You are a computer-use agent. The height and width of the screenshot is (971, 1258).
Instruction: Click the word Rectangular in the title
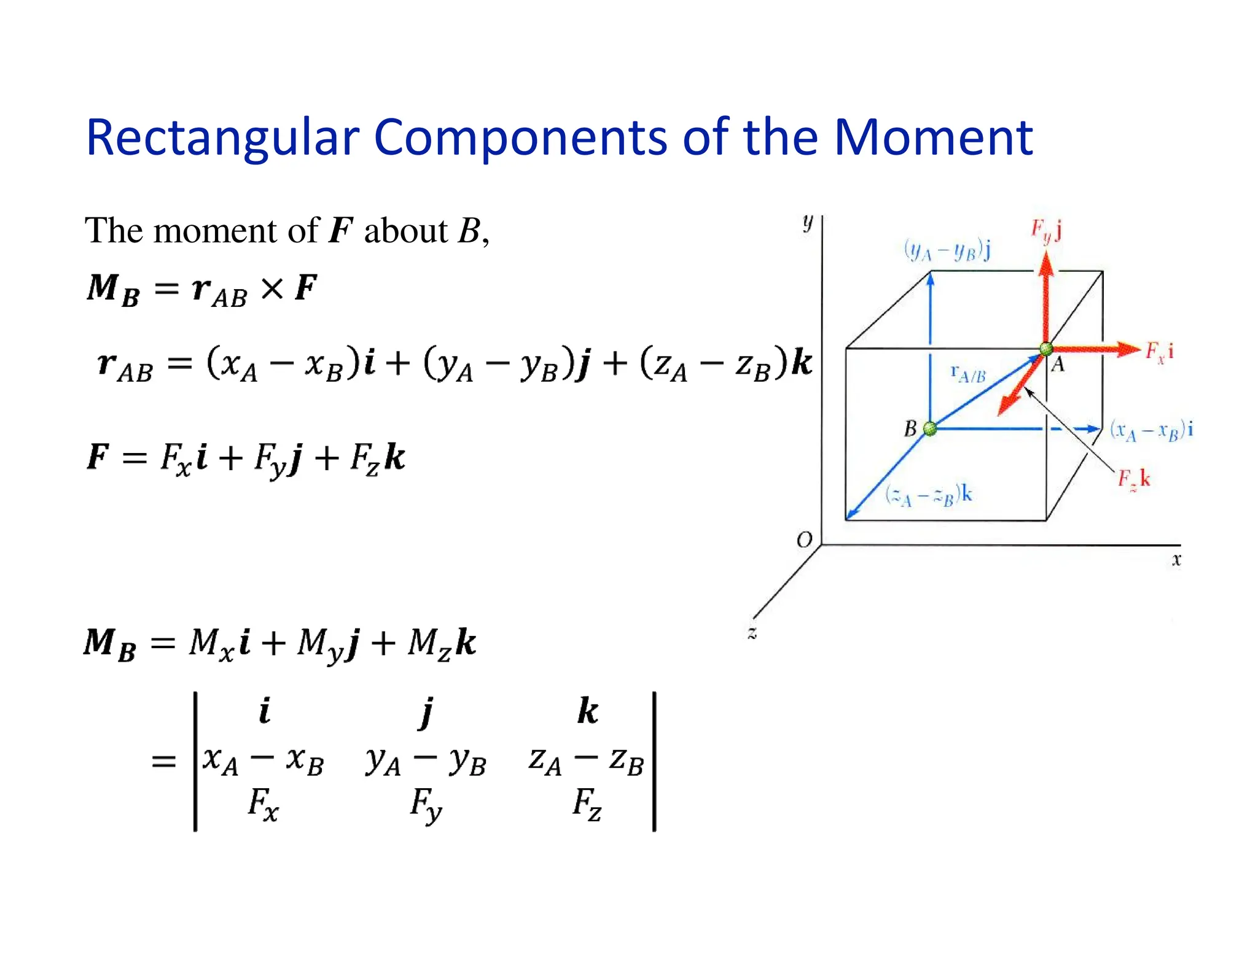click(x=222, y=138)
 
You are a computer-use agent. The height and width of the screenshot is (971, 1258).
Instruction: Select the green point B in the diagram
click(x=930, y=428)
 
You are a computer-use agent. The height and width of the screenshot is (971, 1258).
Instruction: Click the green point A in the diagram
click(x=1045, y=349)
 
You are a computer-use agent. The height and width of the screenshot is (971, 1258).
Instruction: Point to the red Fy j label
click(x=1046, y=231)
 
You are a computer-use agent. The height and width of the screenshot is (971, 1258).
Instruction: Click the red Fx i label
click(x=1159, y=352)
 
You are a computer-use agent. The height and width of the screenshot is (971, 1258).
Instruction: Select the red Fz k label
click(x=1133, y=479)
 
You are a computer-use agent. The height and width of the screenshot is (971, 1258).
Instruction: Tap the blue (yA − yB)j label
click(x=947, y=250)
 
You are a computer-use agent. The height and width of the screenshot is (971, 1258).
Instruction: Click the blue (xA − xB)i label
click(x=1151, y=430)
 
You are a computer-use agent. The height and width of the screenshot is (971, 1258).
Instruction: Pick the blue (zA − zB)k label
click(x=928, y=495)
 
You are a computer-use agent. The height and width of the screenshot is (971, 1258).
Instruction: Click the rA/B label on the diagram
click(x=967, y=373)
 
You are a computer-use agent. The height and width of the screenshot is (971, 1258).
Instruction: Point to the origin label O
click(x=804, y=540)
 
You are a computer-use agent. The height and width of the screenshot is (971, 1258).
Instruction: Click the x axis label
click(x=1176, y=560)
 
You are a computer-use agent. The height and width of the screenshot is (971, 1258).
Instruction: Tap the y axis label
click(x=808, y=222)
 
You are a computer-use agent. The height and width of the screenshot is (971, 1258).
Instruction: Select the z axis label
click(x=752, y=632)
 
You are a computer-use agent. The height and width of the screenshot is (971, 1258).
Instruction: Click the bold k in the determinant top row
click(x=587, y=711)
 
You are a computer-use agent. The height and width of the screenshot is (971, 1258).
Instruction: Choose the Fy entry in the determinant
click(x=426, y=804)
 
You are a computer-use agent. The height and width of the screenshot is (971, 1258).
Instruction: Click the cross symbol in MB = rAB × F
click(x=272, y=288)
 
